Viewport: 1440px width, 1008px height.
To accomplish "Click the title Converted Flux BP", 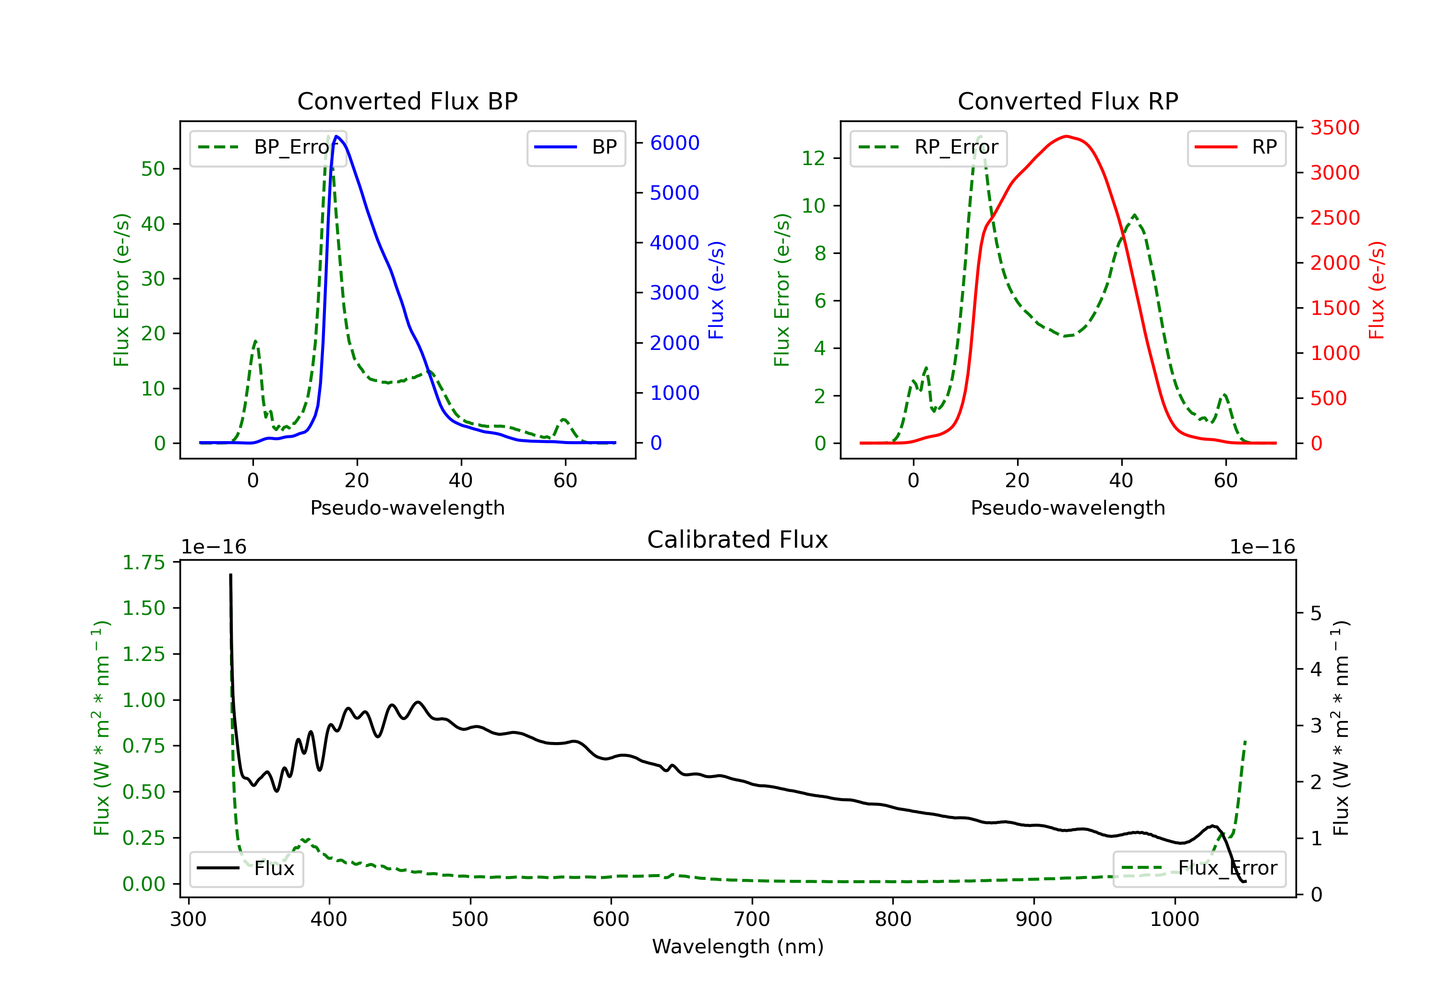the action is (407, 101).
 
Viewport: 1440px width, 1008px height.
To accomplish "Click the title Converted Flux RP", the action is (1068, 101).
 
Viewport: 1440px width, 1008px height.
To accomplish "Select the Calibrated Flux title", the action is (738, 540).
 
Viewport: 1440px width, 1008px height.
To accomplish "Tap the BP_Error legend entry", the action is (268, 147).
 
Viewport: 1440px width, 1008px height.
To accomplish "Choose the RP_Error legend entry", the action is (928, 147).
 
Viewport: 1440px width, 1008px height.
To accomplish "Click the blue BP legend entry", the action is (576, 147).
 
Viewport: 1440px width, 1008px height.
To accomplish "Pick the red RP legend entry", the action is (1236, 147).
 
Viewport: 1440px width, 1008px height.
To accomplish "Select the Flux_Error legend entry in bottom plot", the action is (1199, 868).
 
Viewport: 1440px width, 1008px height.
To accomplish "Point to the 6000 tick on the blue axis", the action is (674, 143).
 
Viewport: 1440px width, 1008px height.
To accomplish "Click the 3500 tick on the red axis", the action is (1334, 128).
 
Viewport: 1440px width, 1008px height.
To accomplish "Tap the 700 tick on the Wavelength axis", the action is (752, 920).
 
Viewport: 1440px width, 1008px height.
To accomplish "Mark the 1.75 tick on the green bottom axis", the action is (144, 563).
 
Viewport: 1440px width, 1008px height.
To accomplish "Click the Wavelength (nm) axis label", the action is (738, 947).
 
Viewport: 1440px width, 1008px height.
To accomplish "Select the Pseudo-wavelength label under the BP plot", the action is (408, 507).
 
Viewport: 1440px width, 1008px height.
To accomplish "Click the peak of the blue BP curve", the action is (337, 136).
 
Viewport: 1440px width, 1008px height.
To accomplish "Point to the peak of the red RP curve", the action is (1067, 136).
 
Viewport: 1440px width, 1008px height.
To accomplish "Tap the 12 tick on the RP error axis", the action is (814, 158).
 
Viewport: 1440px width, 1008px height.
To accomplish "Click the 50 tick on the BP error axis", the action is (153, 169).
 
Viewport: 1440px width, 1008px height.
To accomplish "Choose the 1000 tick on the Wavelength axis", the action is (1174, 920).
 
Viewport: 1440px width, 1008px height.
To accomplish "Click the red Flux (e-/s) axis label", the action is (1376, 290).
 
